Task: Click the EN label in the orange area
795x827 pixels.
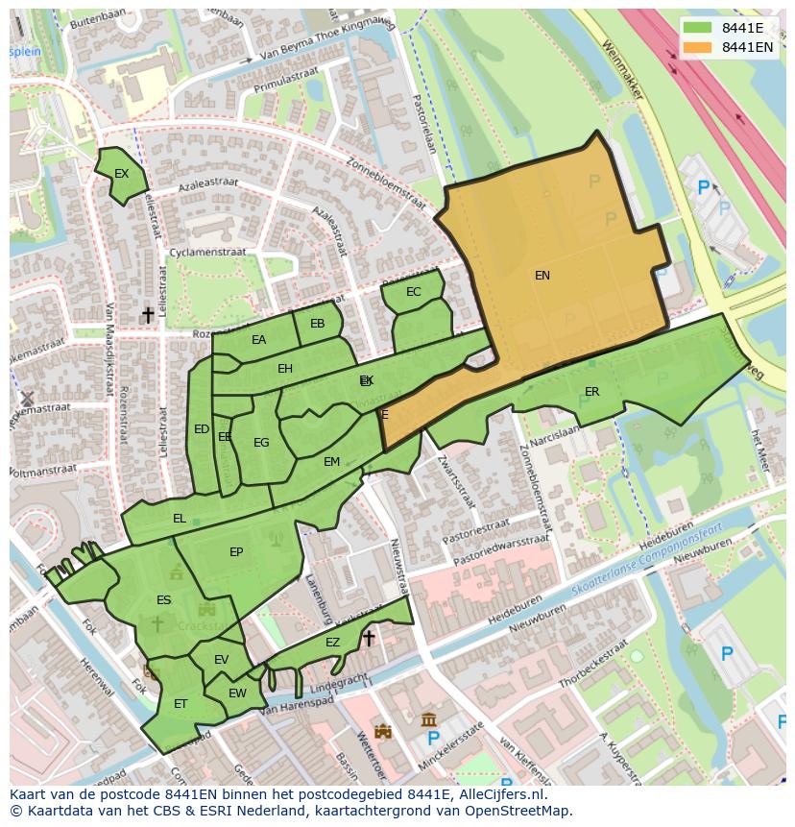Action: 542,276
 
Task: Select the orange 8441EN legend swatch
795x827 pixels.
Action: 698,47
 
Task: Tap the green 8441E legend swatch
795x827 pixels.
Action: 698,28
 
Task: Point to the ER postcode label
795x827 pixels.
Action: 591,392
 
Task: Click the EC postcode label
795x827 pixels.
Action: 414,292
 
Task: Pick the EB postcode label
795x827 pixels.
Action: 318,324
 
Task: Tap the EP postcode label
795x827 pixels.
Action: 236,552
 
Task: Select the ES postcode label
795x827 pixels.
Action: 163,600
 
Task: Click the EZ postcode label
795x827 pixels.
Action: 332,643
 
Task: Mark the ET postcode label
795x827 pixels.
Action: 181,704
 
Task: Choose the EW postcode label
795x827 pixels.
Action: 237,693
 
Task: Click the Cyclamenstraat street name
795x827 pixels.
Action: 207,253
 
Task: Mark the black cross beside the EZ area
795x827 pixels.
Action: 368,638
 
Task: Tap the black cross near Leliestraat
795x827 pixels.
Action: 148,315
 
